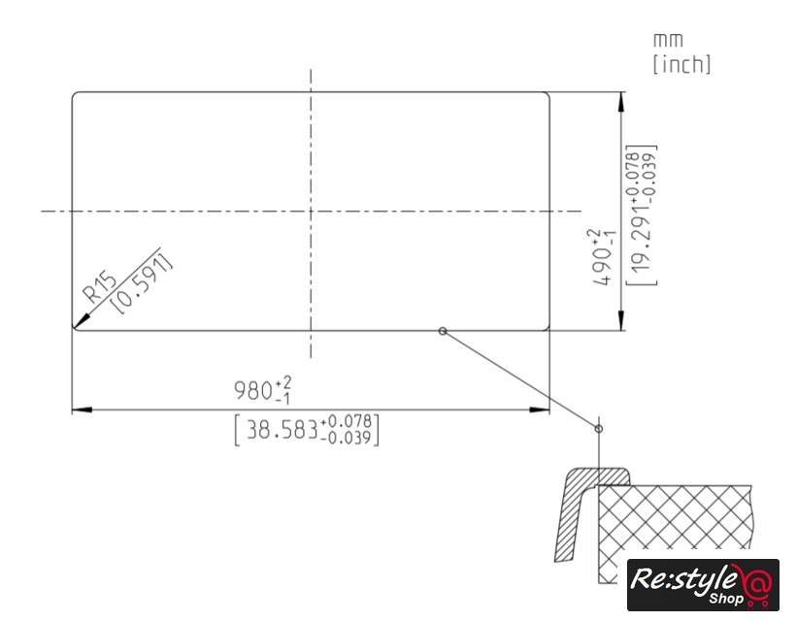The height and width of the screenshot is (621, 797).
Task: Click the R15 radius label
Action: [x=100, y=287]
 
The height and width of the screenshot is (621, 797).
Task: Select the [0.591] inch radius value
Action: [x=142, y=283]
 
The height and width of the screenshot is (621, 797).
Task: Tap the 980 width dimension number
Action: [x=253, y=391]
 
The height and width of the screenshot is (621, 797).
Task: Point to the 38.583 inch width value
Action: [x=282, y=430]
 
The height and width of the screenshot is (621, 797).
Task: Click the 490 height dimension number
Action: [x=602, y=266]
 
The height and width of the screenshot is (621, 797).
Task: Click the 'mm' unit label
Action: [x=668, y=40]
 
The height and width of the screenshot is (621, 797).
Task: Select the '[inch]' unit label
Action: [x=681, y=64]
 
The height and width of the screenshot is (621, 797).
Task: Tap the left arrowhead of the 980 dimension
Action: [x=82, y=409]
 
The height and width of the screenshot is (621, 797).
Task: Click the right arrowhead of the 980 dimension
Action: [x=540, y=409]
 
